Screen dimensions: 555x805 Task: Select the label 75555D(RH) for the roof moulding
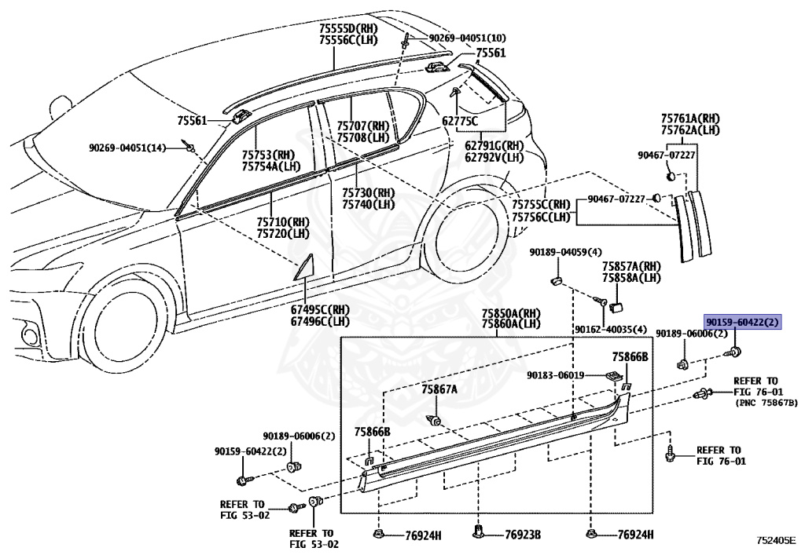point(345,27)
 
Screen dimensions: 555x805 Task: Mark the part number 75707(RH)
point(363,126)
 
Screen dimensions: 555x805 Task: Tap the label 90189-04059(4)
point(565,252)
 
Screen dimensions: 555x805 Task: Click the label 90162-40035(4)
point(610,329)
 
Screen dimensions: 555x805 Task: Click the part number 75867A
point(439,389)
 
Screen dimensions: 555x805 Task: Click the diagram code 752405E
point(776,540)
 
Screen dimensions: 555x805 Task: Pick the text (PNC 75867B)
point(766,402)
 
